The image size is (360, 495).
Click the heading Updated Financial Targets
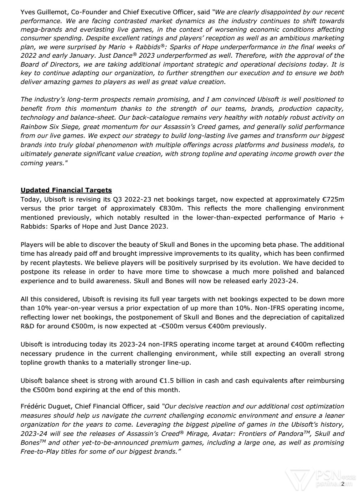(66, 190)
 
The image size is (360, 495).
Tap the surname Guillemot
(52, 12)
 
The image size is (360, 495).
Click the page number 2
(343, 484)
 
